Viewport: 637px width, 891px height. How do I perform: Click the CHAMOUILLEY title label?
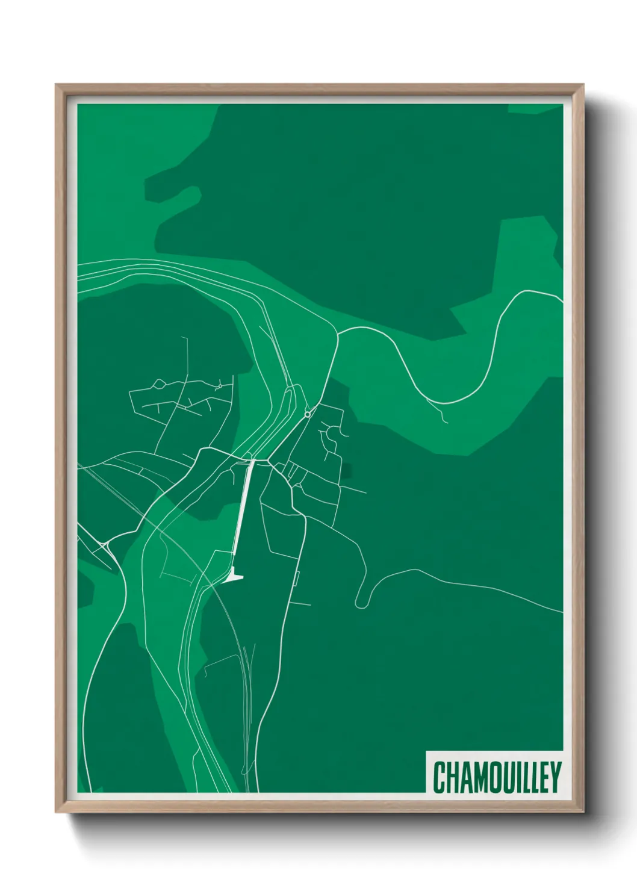coord(496,777)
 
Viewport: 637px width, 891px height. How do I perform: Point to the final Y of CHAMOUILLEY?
coord(555,777)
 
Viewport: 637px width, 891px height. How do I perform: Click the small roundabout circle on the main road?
coord(308,414)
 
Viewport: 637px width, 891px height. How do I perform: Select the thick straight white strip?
coord(242,512)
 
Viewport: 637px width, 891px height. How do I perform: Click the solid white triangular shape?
coord(234,577)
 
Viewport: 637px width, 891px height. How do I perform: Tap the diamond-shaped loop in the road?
coord(160,383)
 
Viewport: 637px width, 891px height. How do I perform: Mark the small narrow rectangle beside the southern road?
coord(296,579)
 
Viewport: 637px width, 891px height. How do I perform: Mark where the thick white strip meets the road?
coord(252,461)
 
